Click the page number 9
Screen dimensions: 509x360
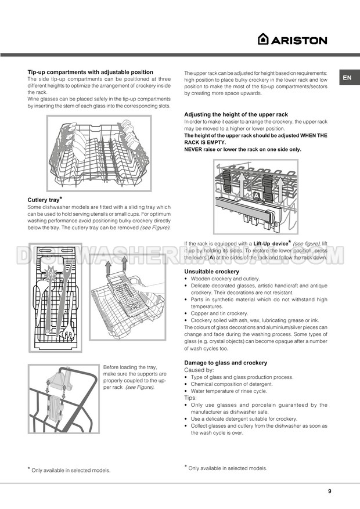(x=329, y=491)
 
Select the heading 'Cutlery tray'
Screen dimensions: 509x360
(x=44, y=200)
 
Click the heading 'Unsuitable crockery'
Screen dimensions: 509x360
(x=211, y=272)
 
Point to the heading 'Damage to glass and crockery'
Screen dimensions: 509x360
(x=226, y=363)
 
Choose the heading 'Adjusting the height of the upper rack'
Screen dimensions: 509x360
(x=236, y=114)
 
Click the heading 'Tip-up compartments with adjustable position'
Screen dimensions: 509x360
(x=91, y=72)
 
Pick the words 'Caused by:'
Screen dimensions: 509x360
(x=199, y=370)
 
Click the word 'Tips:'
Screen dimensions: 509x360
(x=191, y=398)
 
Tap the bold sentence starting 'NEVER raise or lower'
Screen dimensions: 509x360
(x=243, y=149)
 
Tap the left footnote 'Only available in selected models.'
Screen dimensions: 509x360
(x=71, y=470)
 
